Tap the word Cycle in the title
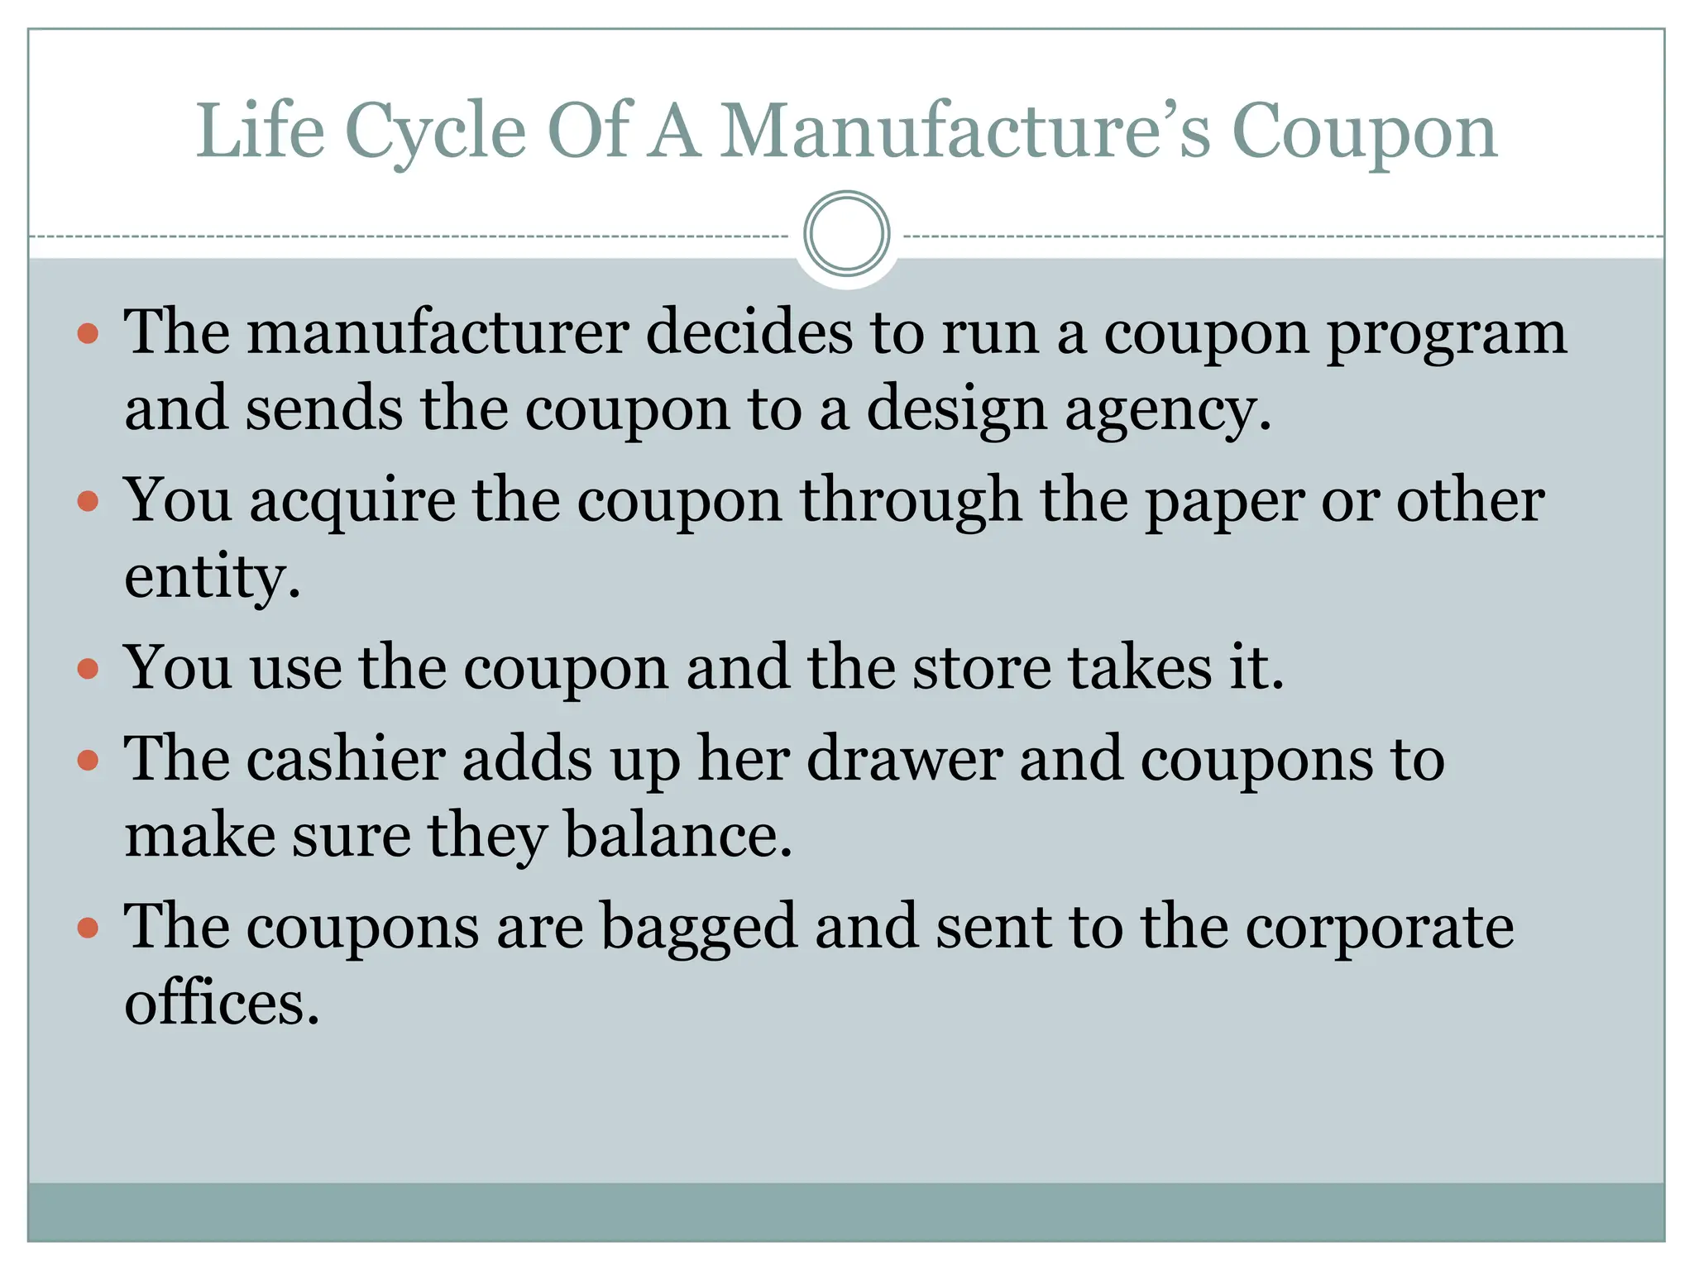coord(435,131)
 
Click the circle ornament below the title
coord(846,234)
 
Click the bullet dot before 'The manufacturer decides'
coord(88,334)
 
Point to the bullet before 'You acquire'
coord(88,502)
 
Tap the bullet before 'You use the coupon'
coord(88,668)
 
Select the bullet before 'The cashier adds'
coord(88,760)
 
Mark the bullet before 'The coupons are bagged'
coord(88,928)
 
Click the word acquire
coord(352,502)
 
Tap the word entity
coord(211,576)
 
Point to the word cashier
coord(345,758)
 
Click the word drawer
coord(904,758)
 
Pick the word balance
coord(677,835)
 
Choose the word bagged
coord(697,928)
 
